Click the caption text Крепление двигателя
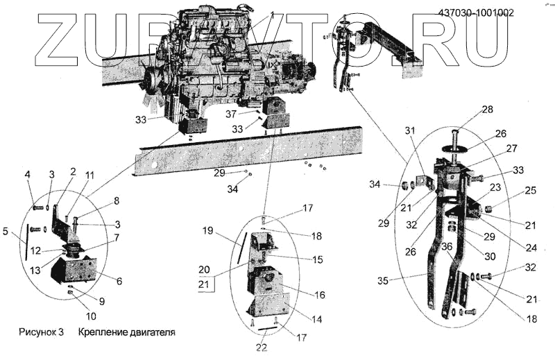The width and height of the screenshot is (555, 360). coord(126,332)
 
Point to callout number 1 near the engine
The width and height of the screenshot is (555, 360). coord(273,14)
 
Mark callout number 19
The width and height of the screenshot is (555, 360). coord(207,230)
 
